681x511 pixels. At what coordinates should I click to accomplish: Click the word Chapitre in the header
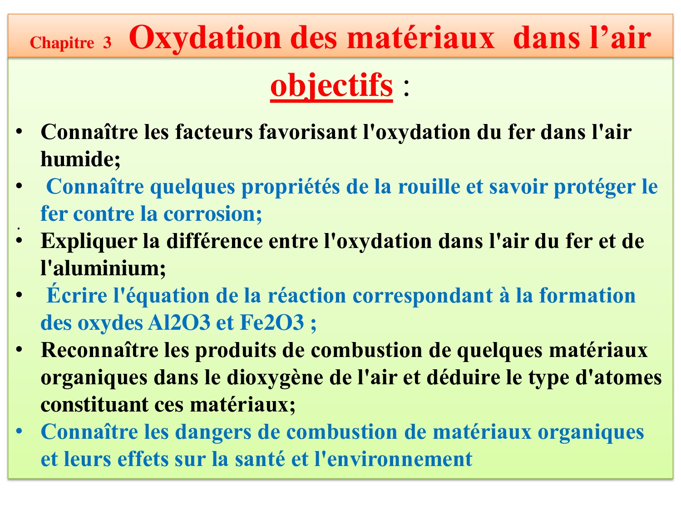coord(62,43)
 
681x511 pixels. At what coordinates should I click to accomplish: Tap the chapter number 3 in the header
coord(107,43)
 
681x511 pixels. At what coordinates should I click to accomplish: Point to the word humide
coord(80,159)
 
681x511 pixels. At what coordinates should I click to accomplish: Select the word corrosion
coord(212,214)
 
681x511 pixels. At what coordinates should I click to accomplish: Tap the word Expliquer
coord(89,242)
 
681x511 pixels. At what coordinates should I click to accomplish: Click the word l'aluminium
coord(104,268)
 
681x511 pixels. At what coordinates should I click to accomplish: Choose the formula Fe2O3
coord(272,322)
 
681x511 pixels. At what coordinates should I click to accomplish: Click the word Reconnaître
coord(99,350)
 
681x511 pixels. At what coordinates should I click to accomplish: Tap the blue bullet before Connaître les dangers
coord(19,431)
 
